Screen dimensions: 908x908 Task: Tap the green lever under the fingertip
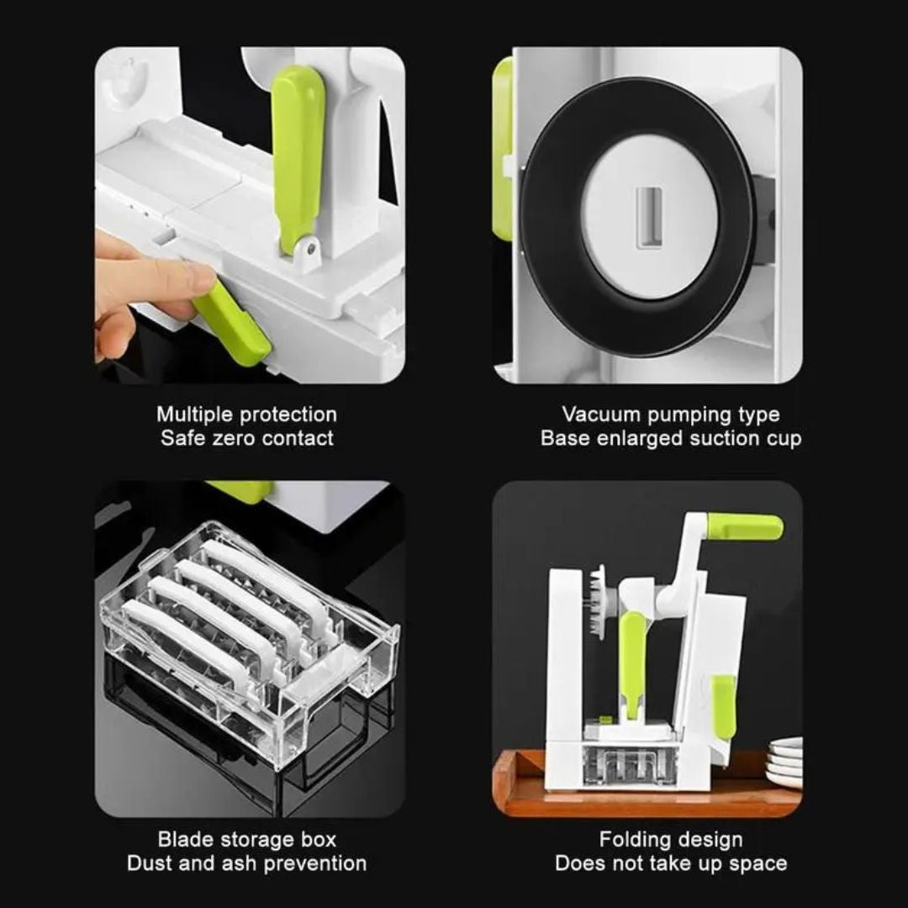coord(232,325)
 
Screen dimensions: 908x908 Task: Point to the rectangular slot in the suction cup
coord(650,217)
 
